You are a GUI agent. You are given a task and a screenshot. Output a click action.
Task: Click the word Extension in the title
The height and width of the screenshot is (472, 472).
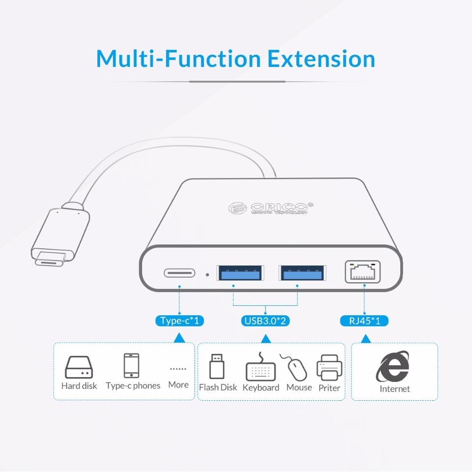pos(321,59)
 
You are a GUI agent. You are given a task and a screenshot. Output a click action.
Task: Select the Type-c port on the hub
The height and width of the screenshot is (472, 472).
pos(179,273)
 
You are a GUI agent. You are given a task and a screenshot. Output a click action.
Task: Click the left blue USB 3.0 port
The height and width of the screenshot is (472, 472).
pos(239,273)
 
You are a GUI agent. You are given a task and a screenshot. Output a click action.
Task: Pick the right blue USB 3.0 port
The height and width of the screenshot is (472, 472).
pos(301,273)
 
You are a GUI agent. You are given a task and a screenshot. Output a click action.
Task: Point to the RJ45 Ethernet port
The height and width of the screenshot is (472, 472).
pos(363,272)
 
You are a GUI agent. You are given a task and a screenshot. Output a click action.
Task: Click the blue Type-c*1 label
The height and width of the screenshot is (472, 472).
pos(179,321)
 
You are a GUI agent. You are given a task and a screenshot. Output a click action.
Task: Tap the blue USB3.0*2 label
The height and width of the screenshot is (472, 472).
pos(265,321)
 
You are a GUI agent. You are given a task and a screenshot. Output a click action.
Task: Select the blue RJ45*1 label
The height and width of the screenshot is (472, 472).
pos(364,321)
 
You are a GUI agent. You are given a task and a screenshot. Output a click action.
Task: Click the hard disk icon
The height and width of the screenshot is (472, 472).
pos(79,367)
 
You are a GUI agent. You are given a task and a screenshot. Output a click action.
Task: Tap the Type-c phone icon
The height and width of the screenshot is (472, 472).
pos(131,365)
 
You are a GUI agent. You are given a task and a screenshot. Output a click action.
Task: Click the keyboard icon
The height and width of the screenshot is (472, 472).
pos(261,369)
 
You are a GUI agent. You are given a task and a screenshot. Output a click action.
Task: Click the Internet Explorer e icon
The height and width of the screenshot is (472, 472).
pos(393,366)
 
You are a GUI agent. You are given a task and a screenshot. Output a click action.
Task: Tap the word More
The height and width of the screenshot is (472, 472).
pos(178,384)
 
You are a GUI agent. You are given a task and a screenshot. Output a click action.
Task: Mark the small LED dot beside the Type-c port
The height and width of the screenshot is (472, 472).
pos(207,274)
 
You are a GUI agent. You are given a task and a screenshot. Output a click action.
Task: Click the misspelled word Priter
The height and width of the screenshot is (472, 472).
pos(329,388)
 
